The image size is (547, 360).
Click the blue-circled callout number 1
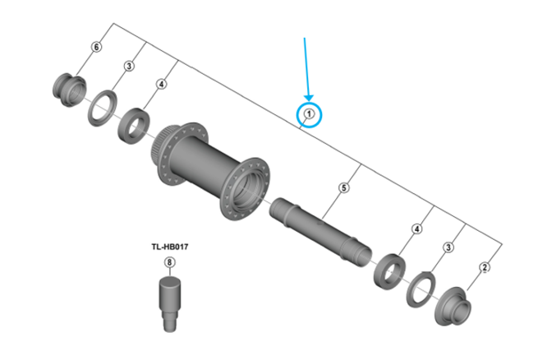(x=309, y=114)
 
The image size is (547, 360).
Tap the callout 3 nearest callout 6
(x=129, y=66)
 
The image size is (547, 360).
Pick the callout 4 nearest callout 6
(x=161, y=84)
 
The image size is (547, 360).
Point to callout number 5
(x=344, y=188)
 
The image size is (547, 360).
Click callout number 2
(x=485, y=266)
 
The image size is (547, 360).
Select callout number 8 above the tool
(x=170, y=263)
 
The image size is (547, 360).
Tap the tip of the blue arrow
(x=309, y=100)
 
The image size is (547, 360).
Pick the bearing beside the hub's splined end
(x=132, y=125)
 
